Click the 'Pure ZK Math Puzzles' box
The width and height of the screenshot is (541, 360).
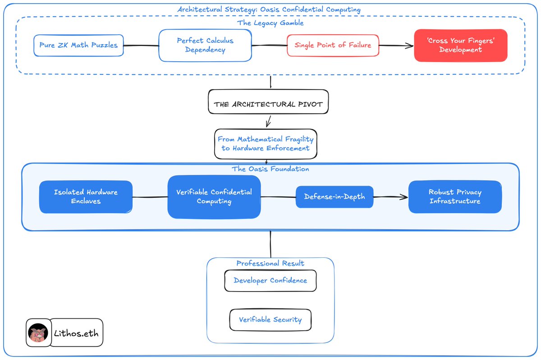point(78,46)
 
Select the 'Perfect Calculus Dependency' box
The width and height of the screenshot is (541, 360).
point(205,46)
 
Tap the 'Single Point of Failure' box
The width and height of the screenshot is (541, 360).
point(333,46)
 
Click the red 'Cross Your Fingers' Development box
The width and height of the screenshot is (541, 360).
point(461,46)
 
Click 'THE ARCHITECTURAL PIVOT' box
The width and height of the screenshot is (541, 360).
point(268,102)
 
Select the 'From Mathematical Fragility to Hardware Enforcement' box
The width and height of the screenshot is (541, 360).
point(266,144)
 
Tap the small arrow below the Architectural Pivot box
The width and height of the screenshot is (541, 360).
point(268,121)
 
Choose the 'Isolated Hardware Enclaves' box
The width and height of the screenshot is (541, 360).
point(86,197)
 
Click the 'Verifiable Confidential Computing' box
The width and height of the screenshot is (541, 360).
point(214,197)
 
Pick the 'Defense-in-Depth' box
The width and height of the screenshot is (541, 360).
point(335,197)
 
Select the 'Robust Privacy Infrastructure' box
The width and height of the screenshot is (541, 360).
point(455,197)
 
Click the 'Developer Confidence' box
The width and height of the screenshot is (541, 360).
point(270,281)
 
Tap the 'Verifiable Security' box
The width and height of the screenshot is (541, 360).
point(270,320)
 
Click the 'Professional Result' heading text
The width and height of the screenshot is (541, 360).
point(270,263)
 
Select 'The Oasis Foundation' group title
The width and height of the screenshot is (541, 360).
point(270,169)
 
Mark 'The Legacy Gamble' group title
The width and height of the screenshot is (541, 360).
point(270,23)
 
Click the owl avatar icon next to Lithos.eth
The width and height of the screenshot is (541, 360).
point(38,333)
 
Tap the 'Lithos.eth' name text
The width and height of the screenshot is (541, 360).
point(76,333)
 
